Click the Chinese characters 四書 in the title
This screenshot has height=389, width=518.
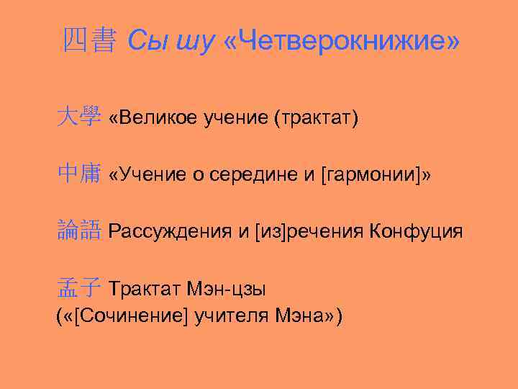88,43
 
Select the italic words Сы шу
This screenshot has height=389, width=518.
171,43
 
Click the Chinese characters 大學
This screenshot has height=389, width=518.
79,117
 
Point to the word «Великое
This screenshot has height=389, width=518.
150,118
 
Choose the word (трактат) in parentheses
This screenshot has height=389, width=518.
316,118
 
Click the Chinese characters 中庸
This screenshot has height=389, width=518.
79,174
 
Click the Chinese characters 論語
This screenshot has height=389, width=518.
79,231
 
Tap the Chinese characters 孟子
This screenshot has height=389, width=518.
79,289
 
